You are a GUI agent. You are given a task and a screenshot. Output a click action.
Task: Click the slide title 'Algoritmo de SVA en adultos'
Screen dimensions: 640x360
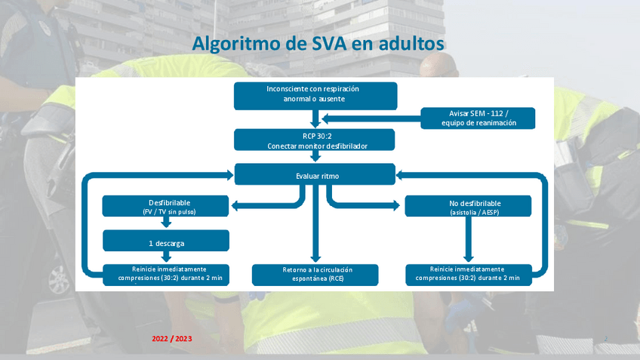(x=318, y=43)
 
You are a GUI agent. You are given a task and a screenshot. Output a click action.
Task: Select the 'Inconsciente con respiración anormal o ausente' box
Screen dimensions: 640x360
(x=315, y=94)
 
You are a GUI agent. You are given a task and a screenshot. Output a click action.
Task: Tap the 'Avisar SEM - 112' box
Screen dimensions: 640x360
(x=478, y=118)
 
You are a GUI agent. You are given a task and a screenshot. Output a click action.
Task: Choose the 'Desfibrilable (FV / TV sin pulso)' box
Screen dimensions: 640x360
(x=165, y=206)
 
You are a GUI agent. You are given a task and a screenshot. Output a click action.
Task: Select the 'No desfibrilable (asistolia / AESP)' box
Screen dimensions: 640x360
(x=468, y=206)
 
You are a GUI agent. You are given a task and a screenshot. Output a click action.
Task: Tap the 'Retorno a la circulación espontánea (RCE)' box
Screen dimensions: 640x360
(x=315, y=274)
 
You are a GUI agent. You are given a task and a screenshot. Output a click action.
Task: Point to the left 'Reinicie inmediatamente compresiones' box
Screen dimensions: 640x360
(x=165, y=274)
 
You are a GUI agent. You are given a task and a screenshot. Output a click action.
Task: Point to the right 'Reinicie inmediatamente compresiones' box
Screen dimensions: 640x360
(x=468, y=274)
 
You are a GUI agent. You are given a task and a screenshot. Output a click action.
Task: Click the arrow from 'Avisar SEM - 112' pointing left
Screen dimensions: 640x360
(x=370, y=118)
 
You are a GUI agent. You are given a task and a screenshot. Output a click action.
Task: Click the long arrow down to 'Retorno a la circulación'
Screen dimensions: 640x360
(x=315, y=226)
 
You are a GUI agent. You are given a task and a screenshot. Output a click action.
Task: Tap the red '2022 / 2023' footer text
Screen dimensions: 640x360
(x=172, y=339)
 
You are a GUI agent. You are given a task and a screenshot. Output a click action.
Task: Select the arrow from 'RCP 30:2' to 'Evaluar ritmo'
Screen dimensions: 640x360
(x=315, y=156)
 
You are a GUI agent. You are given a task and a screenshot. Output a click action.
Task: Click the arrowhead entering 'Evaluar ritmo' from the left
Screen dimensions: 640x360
(x=228, y=175)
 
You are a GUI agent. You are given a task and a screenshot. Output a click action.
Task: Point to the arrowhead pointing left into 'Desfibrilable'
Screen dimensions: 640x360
(x=235, y=205)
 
